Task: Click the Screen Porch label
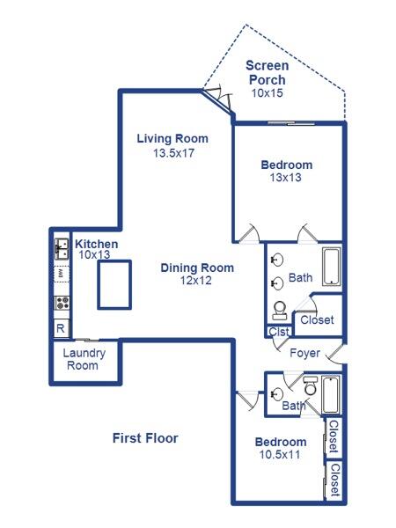(265, 72)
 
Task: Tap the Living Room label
(172, 138)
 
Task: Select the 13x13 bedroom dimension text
(287, 177)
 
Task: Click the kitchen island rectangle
(114, 284)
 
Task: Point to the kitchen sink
(62, 249)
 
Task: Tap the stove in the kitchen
(62, 304)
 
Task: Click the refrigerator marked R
(61, 328)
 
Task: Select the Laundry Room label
(84, 359)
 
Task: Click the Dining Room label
(196, 268)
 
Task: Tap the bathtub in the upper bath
(331, 268)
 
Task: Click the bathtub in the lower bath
(331, 395)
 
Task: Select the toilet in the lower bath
(310, 386)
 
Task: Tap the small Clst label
(278, 332)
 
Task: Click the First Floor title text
(145, 437)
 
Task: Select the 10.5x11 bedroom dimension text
(280, 455)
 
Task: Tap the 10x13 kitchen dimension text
(94, 254)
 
